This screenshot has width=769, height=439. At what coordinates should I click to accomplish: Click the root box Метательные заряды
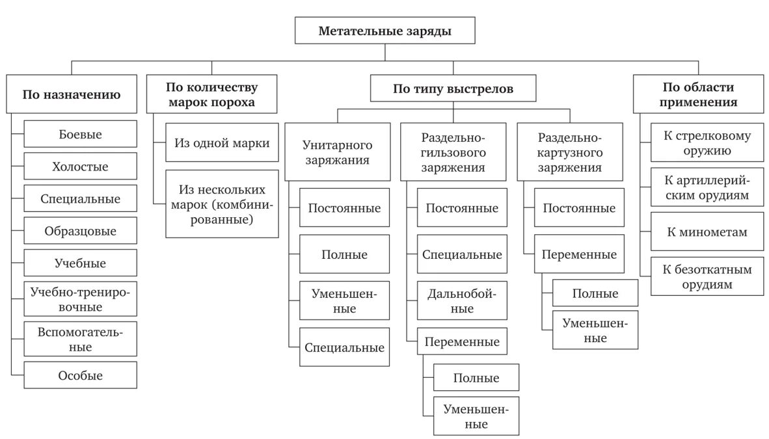384,31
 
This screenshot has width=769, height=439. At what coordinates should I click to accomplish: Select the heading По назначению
72,93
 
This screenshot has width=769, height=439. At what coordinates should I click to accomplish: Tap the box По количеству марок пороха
211,94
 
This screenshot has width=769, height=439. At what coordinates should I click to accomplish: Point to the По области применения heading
698,94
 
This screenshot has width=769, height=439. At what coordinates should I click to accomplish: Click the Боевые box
81,133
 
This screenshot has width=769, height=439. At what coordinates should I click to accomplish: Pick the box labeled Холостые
81,166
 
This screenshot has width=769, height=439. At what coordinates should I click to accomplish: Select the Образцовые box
81,230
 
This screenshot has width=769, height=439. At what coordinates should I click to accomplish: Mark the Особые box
81,375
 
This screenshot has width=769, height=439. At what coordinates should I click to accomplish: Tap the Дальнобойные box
462,300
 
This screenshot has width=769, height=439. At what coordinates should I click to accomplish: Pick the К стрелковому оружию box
707,143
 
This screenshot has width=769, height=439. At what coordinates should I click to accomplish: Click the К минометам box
707,232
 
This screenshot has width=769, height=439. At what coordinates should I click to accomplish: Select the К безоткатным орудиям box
707,276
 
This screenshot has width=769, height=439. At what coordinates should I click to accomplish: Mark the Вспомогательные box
81,338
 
